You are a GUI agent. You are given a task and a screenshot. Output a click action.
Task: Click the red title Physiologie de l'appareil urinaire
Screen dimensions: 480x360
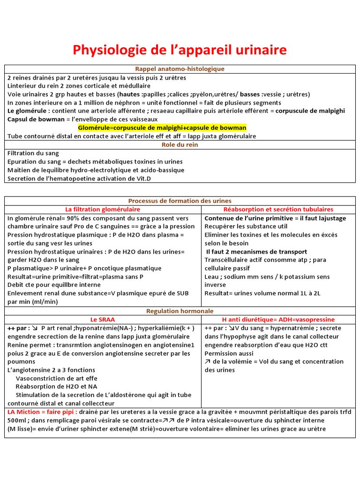pyautogui.click(x=180, y=50)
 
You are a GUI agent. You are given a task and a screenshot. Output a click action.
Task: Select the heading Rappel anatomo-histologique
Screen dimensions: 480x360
pyautogui.click(x=180, y=69)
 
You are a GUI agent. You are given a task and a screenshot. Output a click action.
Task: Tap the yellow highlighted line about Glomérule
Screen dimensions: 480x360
pyautogui.click(x=162, y=128)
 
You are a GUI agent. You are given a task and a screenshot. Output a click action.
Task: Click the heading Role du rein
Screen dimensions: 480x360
pyautogui.click(x=180, y=145)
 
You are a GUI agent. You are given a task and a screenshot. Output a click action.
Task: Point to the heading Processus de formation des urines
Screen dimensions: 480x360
pyautogui.click(x=180, y=201)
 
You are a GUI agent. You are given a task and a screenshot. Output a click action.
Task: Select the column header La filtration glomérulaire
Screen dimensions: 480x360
pyautogui.click(x=103, y=209)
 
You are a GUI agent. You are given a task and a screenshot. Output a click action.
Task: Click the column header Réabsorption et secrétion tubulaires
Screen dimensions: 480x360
pyautogui.click(x=278, y=209)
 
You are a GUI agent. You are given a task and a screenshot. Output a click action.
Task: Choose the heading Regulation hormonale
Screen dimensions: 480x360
pyautogui.click(x=180, y=311)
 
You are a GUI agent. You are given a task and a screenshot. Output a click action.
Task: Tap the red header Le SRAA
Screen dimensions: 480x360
pyautogui.click(x=103, y=319)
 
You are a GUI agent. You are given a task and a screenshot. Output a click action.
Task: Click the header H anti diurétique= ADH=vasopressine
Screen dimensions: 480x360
pyautogui.click(x=278, y=319)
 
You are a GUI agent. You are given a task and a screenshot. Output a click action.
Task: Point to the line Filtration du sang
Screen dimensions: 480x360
pyautogui.click(x=33, y=153)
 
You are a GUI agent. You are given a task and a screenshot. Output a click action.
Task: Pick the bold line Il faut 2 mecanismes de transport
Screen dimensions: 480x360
pyautogui.click(x=256, y=252)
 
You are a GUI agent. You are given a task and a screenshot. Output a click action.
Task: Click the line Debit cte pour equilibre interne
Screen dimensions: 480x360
pyautogui.click(x=54, y=285)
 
